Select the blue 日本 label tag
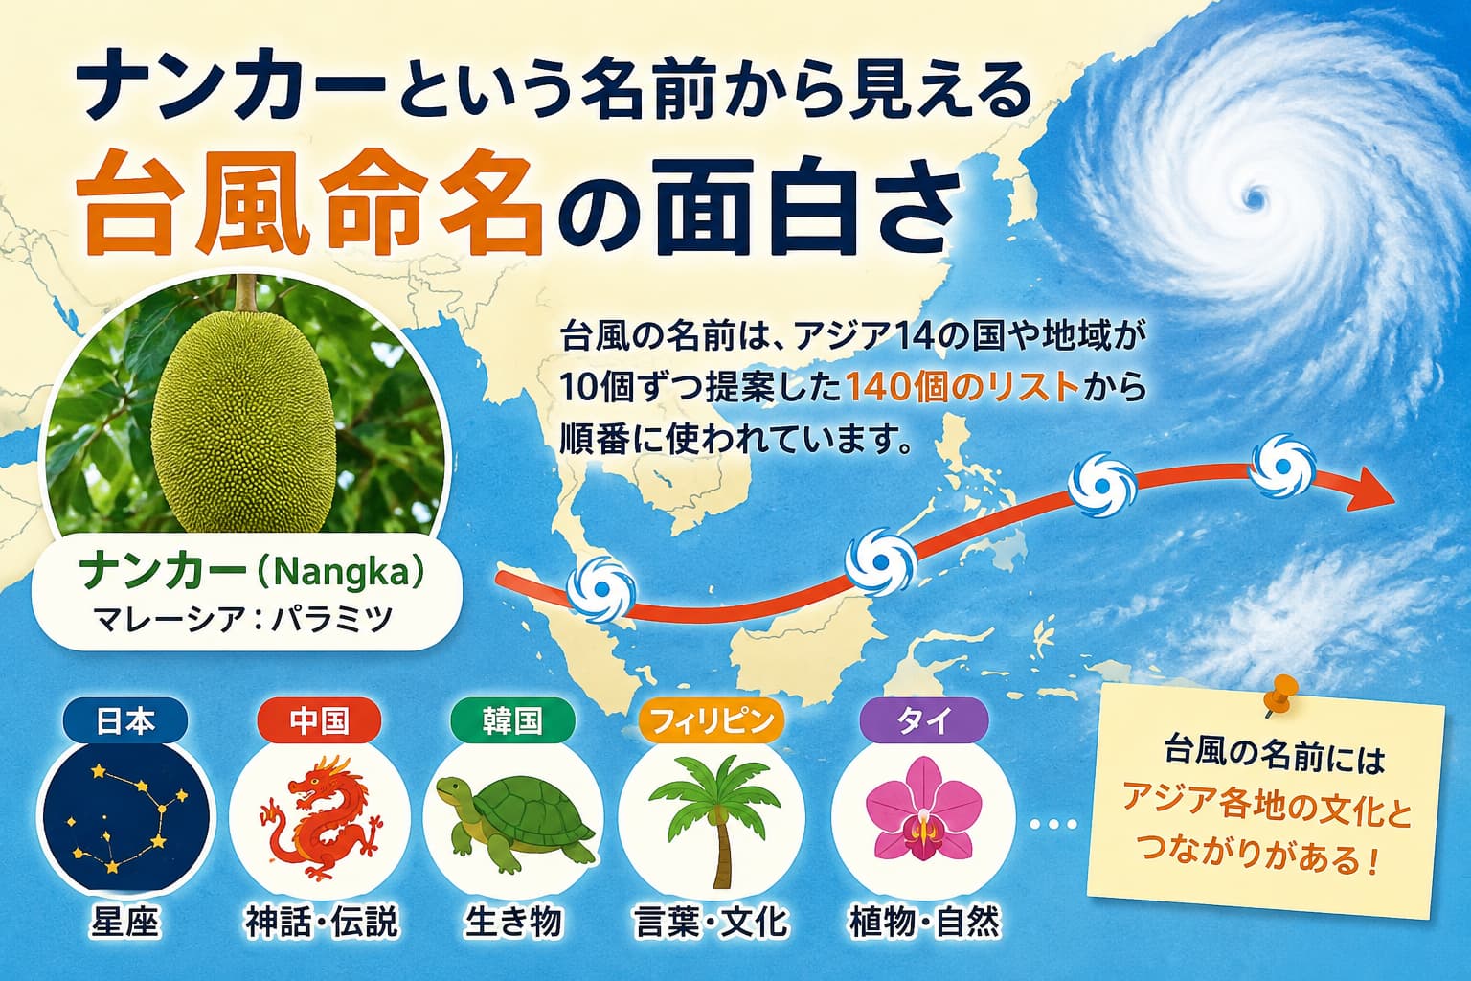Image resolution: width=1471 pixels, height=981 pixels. pos(125,720)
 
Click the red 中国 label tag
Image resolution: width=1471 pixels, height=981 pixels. pos(319,720)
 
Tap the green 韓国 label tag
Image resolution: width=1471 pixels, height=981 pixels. pos(512,720)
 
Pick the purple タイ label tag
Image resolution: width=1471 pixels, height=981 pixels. pos(924,720)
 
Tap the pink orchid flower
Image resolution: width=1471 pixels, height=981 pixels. pos(923,810)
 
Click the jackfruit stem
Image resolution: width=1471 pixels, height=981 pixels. pos(246,293)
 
